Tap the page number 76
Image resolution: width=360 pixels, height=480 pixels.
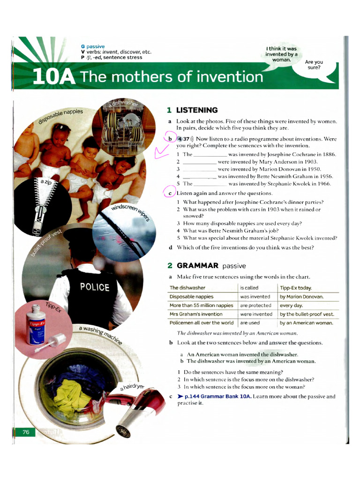26,432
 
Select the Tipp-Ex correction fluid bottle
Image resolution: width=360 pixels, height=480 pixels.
37,323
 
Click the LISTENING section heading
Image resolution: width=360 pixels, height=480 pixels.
197,110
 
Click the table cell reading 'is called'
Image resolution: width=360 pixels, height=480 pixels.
249,288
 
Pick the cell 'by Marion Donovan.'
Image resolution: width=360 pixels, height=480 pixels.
302,297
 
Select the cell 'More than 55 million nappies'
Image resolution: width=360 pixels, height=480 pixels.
202,305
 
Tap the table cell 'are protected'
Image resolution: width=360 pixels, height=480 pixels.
256,305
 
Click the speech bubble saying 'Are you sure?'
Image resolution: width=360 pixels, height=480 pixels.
314,65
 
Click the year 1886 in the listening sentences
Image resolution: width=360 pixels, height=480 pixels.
328,154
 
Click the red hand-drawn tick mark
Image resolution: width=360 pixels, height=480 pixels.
162,152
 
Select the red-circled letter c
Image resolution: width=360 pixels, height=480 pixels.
170,193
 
